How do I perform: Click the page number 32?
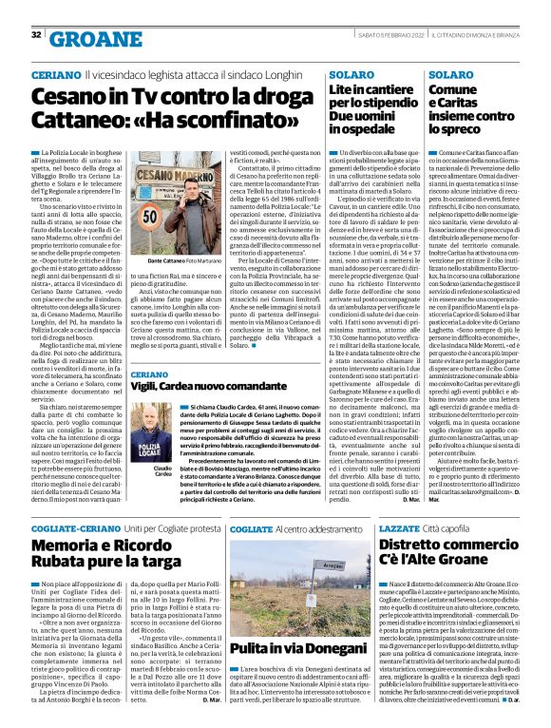(36, 35)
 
